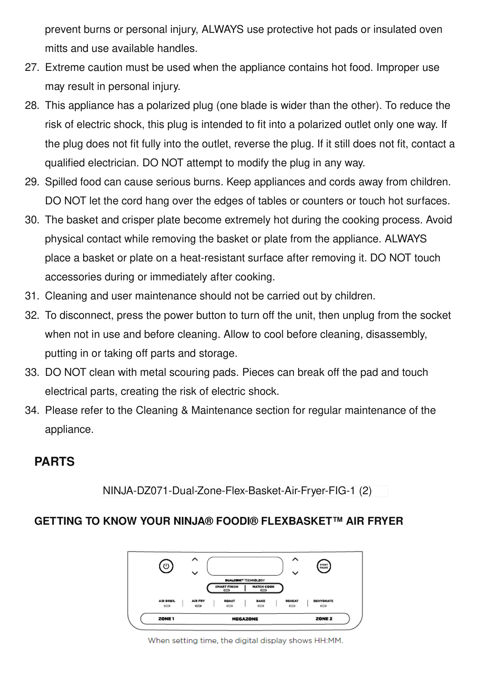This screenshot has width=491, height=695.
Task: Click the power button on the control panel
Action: [x=166, y=566]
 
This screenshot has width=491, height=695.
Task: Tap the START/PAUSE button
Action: [x=324, y=566]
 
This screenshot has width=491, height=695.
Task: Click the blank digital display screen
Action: [x=245, y=566]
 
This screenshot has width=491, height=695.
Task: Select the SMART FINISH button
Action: [x=226, y=588]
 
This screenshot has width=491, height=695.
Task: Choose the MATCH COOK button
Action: [x=263, y=588]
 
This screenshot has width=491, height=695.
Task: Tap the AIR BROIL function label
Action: [x=167, y=601]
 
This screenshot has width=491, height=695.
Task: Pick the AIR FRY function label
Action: [x=198, y=601]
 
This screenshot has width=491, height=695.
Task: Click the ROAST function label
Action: [x=229, y=601]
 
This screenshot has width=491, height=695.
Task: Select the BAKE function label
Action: [x=261, y=601]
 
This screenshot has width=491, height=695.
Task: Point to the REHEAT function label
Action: [x=292, y=601]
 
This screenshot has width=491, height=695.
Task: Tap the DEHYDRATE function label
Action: [x=323, y=601]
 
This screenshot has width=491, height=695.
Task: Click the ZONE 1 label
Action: [x=166, y=619]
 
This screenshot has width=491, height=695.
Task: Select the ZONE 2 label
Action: [x=324, y=619]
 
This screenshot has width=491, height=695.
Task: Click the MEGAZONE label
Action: [x=245, y=619]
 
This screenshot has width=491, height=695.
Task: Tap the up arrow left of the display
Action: [x=194, y=560]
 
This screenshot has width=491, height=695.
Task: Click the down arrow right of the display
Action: [x=295, y=573]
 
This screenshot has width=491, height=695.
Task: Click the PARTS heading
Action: [x=54, y=462]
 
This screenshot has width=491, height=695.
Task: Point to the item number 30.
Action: [x=31, y=220]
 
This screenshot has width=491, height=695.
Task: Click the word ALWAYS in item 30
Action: [x=405, y=239]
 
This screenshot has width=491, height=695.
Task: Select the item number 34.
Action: [x=31, y=411]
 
